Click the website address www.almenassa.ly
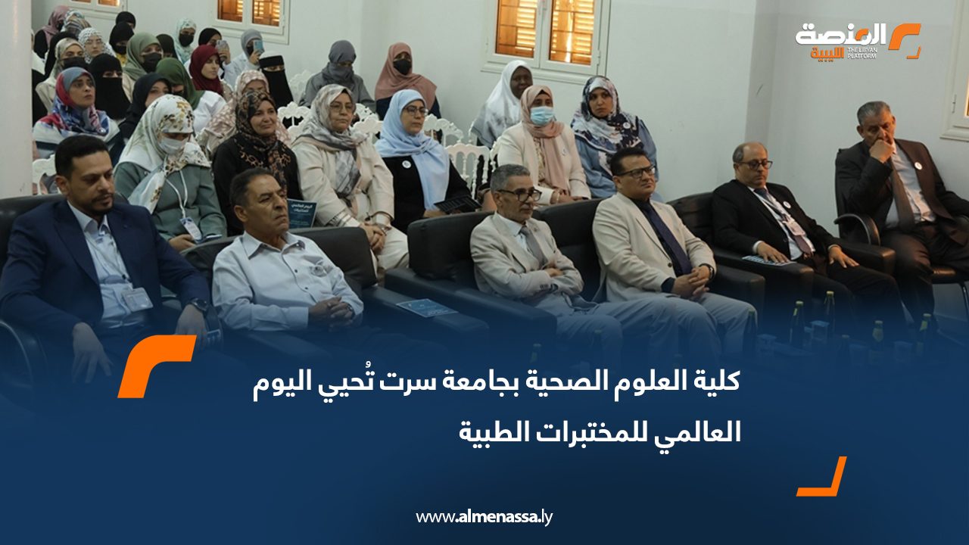click(x=484, y=517)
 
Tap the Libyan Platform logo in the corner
click(x=858, y=41)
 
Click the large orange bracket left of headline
click(x=157, y=366)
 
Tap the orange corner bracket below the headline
click(x=822, y=476)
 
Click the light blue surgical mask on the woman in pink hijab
click(x=541, y=115)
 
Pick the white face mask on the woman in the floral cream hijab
click(x=173, y=144)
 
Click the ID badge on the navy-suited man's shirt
click(x=136, y=298)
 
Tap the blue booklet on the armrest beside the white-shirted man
click(x=426, y=307)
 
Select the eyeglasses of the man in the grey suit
click(x=519, y=195)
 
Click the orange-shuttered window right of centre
click(x=546, y=33)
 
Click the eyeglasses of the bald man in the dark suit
click(x=755, y=164)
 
